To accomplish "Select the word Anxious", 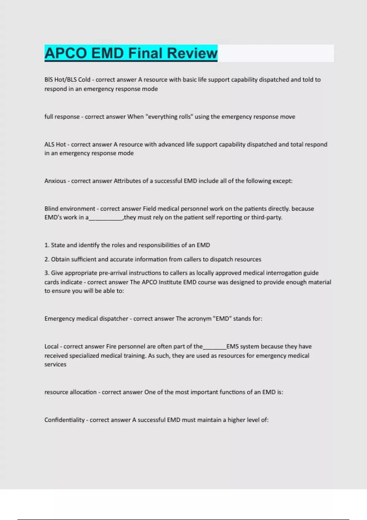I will (x=55, y=181).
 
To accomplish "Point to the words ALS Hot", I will (x=55, y=144).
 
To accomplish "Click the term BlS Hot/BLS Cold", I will (x=67, y=80).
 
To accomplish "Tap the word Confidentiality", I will (x=64, y=420).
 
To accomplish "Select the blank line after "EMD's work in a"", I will (x=106, y=218).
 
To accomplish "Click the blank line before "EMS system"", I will (x=214, y=347).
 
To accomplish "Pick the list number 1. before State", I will (x=47, y=245).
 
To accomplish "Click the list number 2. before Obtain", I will (x=47, y=259).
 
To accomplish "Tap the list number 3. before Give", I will (x=47, y=273).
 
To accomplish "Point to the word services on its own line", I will (x=55, y=364).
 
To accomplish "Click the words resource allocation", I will (x=70, y=392).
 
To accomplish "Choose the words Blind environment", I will (x=70, y=209).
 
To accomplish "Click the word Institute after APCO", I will (x=169, y=282).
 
